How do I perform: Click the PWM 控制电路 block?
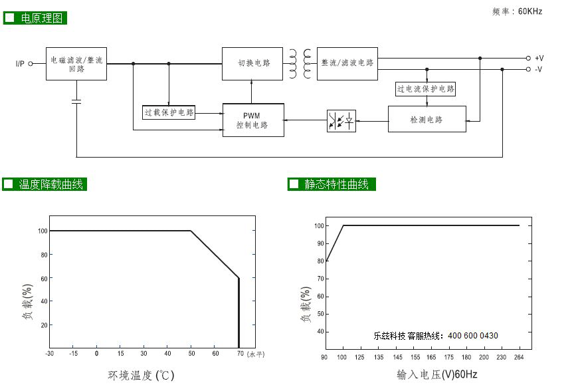point(253,120)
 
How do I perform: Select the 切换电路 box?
point(252,64)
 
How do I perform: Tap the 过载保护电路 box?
point(168,112)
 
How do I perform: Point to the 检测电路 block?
point(427,119)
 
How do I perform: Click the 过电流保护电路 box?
point(425,89)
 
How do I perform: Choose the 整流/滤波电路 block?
point(347,64)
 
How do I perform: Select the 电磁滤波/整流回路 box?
point(76,64)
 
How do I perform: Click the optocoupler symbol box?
point(341,121)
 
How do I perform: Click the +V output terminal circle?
point(528,59)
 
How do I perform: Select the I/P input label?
point(20,64)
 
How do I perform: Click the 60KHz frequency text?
point(530,11)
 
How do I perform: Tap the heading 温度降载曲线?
point(51,184)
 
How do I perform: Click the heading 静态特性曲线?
point(336,184)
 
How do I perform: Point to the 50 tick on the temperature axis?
point(191,354)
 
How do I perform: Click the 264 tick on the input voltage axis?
point(519,357)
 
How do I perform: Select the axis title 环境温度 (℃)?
point(141,375)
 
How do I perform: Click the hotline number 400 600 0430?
point(473,336)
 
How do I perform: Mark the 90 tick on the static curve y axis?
point(321,243)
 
